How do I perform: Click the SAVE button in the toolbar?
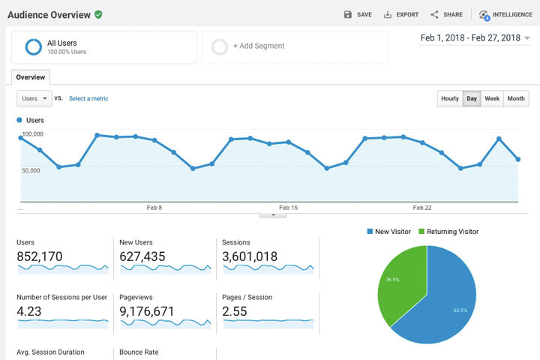358,14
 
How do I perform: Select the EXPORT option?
401,14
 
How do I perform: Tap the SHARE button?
446,14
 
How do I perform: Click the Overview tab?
31,76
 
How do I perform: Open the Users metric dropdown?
34,98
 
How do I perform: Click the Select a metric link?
88,98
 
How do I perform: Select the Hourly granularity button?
450,98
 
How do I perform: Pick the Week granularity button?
492,98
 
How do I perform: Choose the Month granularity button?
516,98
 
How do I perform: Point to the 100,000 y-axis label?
32,134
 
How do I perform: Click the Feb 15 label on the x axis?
288,208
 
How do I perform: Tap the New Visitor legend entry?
388,232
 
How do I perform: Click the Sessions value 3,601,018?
250,256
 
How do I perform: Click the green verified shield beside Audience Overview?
98,14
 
